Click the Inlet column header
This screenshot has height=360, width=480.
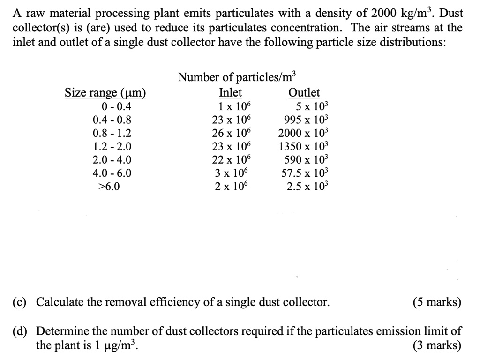pos(231,93)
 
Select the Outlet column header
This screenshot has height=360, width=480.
pos(304,93)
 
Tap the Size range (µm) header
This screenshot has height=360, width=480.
pos(105,93)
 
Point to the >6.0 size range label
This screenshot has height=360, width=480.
pos(109,186)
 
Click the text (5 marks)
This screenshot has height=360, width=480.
pos(437,302)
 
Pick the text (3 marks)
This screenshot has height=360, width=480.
pos(437,346)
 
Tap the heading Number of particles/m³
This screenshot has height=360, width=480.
pos(237,78)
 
